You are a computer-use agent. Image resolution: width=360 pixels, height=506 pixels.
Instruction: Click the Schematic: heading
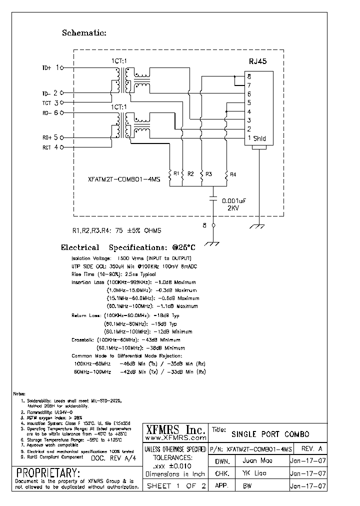tap(84, 33)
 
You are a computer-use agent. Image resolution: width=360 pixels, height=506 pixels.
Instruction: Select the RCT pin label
tap(46, 147)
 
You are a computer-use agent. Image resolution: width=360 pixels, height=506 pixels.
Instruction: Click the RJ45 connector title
tap(257, 61)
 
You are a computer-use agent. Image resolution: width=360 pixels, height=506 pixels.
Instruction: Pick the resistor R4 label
tap(232, 174)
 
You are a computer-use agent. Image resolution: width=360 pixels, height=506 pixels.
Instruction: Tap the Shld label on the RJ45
tap(259, 138)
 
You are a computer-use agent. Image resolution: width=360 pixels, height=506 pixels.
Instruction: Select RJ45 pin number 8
tap(248, 76)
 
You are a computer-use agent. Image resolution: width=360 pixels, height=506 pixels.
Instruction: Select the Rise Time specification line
tap(114, 274)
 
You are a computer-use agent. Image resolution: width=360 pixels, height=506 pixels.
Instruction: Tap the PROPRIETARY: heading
tap(48, 472)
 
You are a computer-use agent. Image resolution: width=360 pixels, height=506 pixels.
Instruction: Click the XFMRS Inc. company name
tap(175, 429)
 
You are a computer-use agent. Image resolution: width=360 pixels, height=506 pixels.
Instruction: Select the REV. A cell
tap(312, 448)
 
